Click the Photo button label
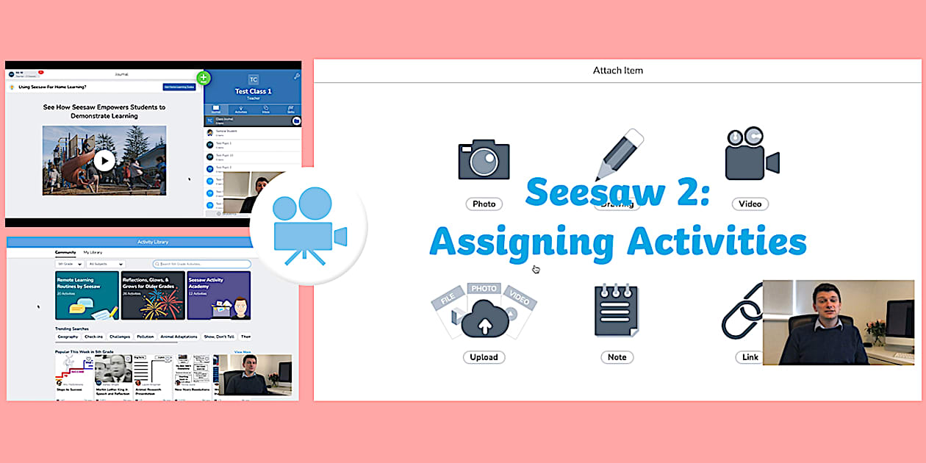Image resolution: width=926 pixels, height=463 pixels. click(484, 204)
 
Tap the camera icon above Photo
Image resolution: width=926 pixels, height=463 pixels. click(484, 160)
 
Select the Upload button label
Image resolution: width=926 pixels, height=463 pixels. click(484, 357)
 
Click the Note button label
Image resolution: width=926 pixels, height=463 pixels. click(617, 357)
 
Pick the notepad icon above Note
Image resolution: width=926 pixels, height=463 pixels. click(617, 311)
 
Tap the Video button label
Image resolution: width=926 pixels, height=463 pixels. click(750, 204)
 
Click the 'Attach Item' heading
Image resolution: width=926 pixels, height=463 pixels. click(618, 71)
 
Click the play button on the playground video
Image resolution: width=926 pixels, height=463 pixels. click(104, 159)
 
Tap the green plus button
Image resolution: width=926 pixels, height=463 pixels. click(204, 78)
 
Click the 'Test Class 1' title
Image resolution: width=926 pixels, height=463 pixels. click(253, 91)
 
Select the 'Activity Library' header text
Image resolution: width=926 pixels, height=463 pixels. click(153, 242)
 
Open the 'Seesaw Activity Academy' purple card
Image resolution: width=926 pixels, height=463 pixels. click(218, 295)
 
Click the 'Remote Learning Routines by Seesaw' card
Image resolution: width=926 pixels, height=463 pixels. click(87, 295)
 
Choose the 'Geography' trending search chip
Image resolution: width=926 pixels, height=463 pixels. click(68, 337)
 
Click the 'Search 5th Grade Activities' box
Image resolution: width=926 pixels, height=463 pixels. click(202, 264)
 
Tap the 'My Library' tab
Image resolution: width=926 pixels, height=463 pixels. click(93, 252)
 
